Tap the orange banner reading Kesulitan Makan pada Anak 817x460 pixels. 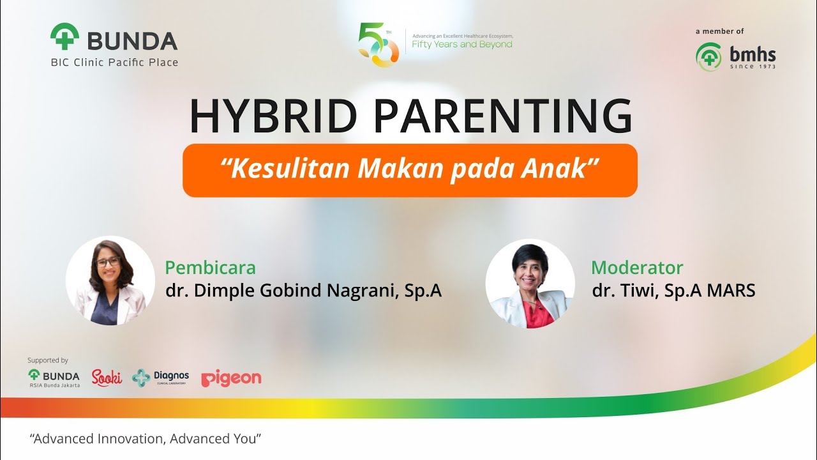coord(410,170)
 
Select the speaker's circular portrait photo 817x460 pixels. coord(110,281)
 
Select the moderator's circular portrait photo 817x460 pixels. coord(530,284)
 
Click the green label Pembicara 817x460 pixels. coord(210,267)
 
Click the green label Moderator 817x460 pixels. coord(636,267)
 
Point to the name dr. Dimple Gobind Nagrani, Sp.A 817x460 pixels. coord(303,291)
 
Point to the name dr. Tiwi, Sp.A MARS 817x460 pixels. coord(673,291)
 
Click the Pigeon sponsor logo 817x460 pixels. coord(231,378)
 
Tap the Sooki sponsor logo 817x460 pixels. coord(107,378)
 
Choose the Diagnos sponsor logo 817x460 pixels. coord(160,378)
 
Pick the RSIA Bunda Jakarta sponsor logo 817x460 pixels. coord(54,378)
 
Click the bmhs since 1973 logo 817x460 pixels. coord(736,57)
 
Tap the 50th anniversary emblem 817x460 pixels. coord(378,45)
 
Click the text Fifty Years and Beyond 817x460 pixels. coord(462,45)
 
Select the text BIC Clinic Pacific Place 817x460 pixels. coord(114,63)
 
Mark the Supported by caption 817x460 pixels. coord(47,360)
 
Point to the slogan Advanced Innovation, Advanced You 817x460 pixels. coord(146,440)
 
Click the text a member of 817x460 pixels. coord(719,31)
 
